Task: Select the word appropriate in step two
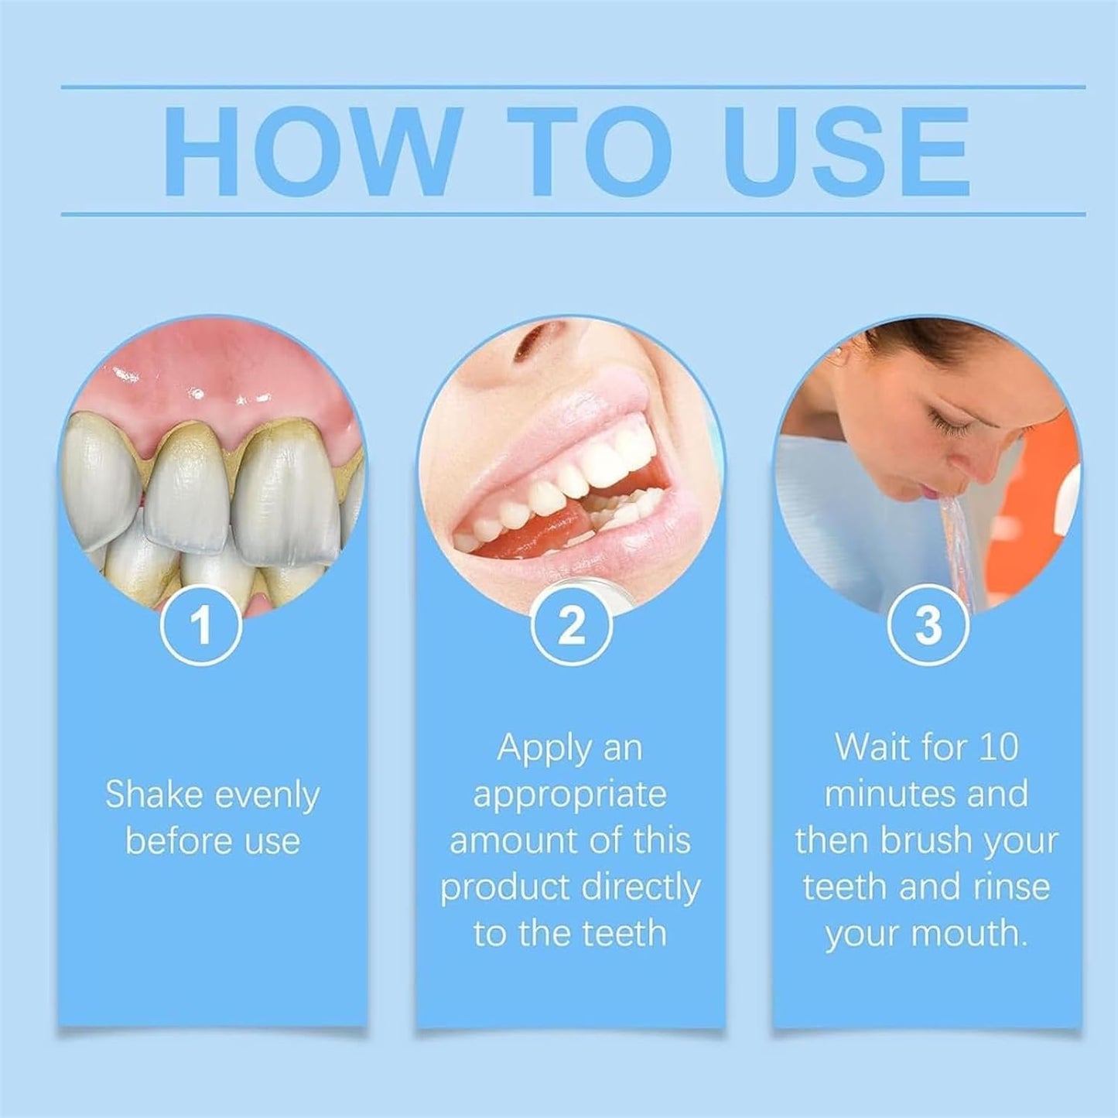(570, 795)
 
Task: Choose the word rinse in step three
(1008, 887)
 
